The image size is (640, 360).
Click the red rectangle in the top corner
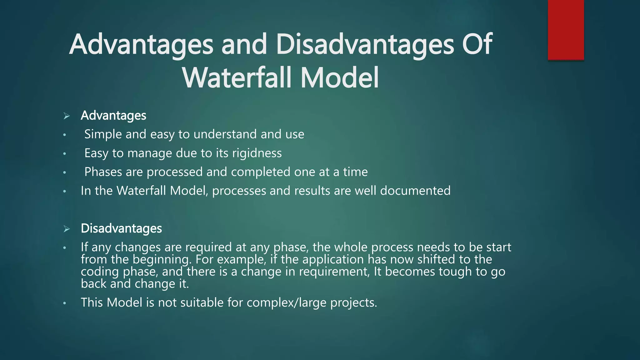pos(566,30)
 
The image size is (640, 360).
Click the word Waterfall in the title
pos(237,78)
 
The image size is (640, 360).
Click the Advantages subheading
pos(113,116)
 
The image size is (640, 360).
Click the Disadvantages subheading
pos(121,228)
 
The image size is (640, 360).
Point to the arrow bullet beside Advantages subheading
pos(66,116)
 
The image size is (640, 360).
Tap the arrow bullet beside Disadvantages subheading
pos(66,229)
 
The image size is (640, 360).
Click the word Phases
pos(103,172)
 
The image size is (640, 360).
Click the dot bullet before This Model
pos(64,303)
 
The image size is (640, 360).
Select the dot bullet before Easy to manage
pos(64,154)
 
